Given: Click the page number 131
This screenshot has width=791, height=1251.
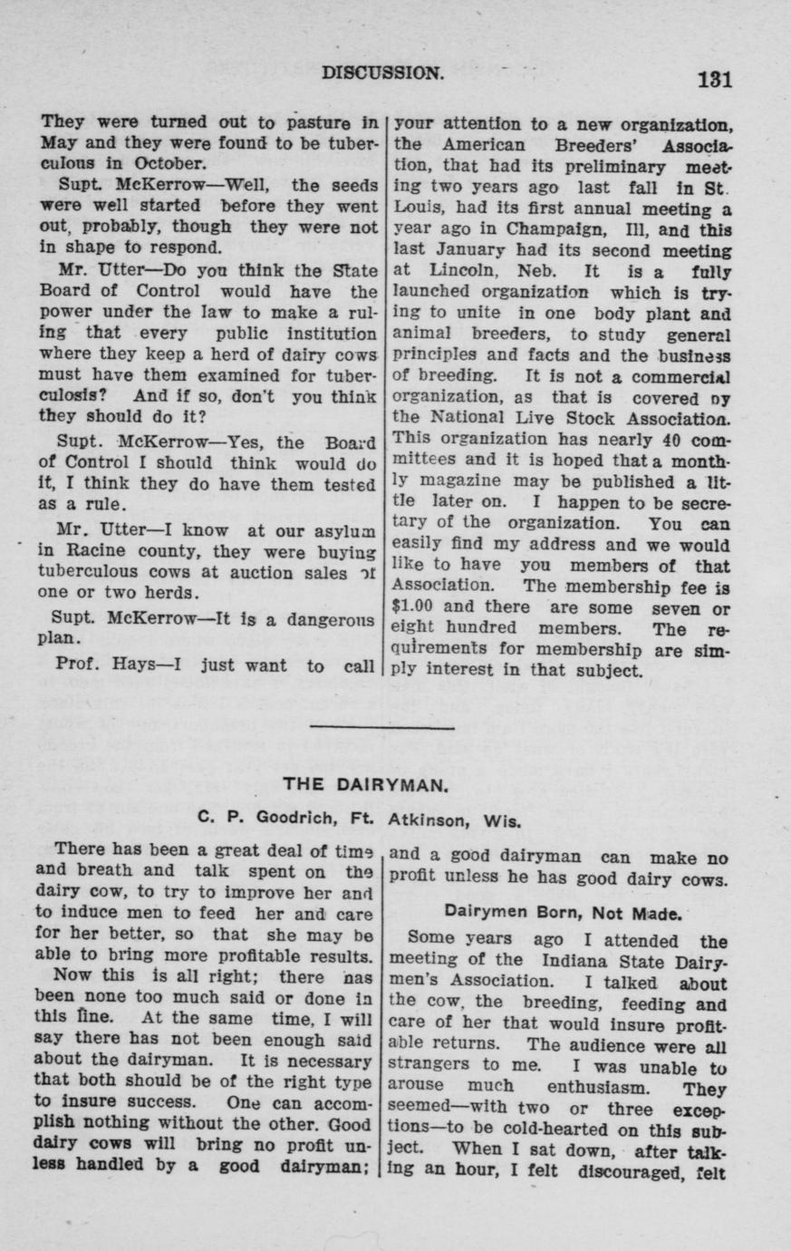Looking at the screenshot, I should pyautogui.click(x=714, y=79).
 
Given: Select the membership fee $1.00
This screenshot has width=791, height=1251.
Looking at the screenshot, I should pyautogui.click(x=415, y=607).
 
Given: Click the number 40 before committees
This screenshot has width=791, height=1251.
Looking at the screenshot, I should pyautogui.click(x=670, y=439).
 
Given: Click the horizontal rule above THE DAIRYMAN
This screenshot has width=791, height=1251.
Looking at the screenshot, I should pyautogui.click(x=381, y=727).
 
